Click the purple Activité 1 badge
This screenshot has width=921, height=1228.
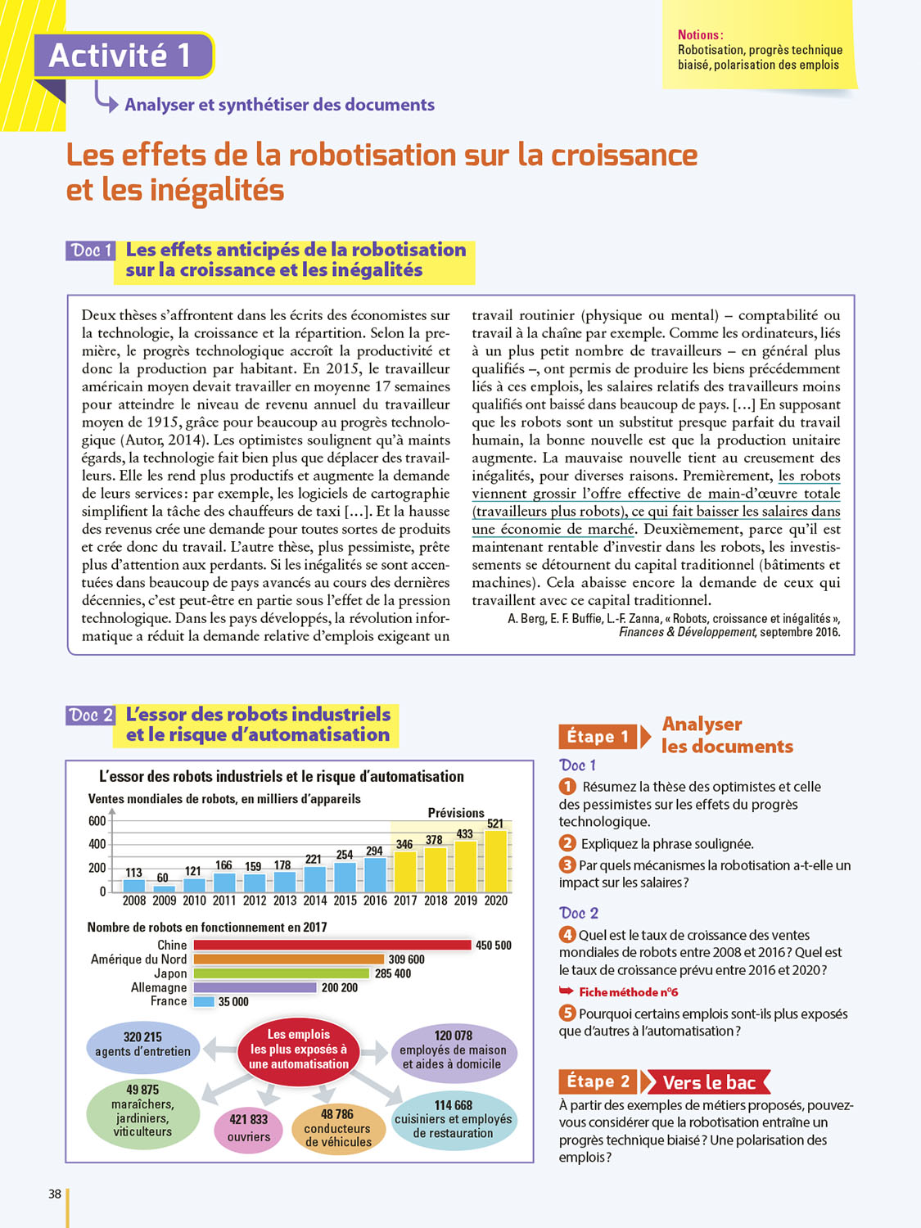(x=123, y=56)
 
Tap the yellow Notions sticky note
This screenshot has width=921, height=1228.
(x=759, y=49)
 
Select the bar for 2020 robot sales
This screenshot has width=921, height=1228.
(x=496, y=860)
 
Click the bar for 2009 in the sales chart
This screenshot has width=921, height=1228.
(x=165, y=887)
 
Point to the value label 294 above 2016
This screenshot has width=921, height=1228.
(x=374, y=851)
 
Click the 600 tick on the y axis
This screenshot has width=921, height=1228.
(x=97, y=821)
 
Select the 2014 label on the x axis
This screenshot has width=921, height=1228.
(x=314, y=901)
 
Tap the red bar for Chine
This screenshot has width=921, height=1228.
(x=332, y=946)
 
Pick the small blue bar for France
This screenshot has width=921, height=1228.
(x=204, y=1001)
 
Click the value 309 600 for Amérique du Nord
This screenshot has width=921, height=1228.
(x=406, y=959)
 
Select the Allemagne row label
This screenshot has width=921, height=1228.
(x=159, y=987)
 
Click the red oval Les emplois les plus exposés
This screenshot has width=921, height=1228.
(x=299, y=1050)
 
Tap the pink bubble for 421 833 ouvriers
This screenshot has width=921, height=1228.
(x=249, y=1128)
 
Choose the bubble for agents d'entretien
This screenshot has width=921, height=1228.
(x=143, y=1045)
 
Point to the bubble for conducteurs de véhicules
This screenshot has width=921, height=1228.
(x=338, y=1128)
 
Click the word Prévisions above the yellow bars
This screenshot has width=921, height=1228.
(x=456, y=813)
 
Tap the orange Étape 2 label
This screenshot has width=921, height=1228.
(x=598, y=1081)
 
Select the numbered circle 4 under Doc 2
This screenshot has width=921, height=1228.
(x=567, y=935)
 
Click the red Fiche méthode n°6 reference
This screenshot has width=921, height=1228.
(x=628, y=992)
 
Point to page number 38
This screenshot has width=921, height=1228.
(x=55, y=1194)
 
